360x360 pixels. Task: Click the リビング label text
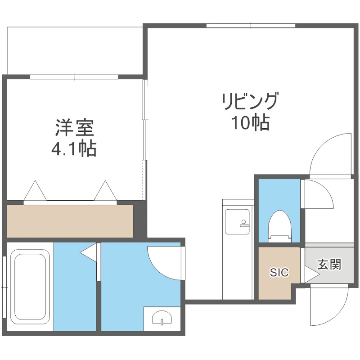click(250, 101)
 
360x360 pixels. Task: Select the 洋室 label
click(75, 128)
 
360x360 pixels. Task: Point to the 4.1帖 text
click(75, 148)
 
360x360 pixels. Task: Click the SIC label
click(279, 273)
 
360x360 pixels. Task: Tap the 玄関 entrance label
click(329, 264)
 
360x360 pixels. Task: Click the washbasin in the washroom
click(161, 318)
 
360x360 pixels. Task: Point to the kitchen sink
click(236, 222)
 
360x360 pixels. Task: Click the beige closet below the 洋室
click(70, 221)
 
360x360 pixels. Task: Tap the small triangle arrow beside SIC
click(310, 273)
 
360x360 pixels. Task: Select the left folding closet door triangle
click(35, 191)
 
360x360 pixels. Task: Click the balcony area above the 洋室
click(74, 49)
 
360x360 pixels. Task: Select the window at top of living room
click(251, 25)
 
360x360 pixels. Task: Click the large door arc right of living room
click(328, 153)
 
